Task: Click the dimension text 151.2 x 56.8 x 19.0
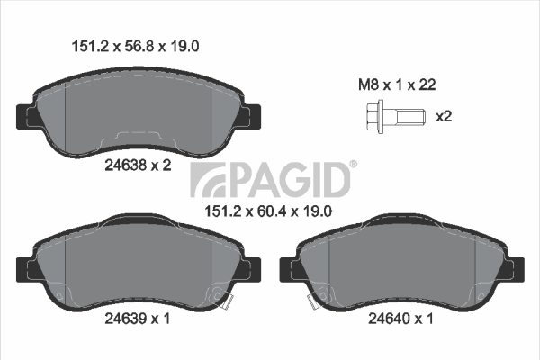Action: [x=135, y=46]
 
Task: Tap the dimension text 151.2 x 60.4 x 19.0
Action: [x=268, y=211]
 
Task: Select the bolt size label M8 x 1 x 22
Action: [x=397, y=85]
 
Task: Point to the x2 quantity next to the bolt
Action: [x=444, y=117]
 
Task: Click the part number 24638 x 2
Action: [x=138, y=166]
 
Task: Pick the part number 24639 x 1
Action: [x=137, y=319]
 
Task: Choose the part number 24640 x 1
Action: [x=400, y=319]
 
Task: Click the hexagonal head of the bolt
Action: [x=373, y=117]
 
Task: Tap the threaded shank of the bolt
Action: [x=411, y=117]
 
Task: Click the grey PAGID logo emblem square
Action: [x=208, y=180]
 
